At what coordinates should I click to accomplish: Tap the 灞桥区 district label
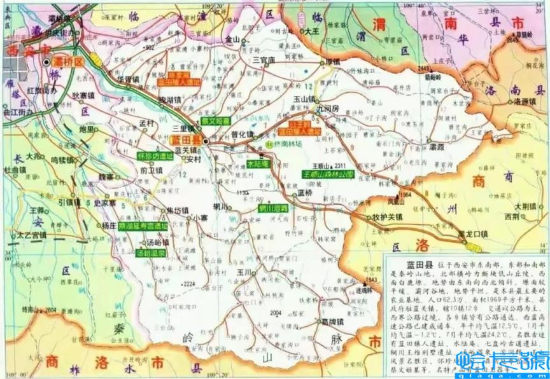pos(69,62)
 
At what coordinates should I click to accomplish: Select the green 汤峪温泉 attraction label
pos(151,252)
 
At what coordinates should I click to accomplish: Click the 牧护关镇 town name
pos(388,216)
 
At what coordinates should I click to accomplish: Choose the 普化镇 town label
pos(243,135)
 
